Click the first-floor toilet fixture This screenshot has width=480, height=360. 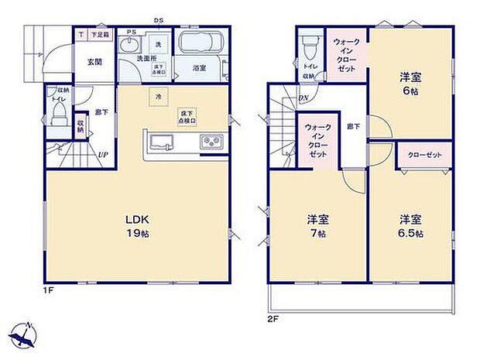pyautogui.click(x=60, y=116)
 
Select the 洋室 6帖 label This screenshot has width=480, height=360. pyautogui.click(x=411, y=83)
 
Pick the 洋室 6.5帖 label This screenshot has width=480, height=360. pyautogui.click(x=410, y=225)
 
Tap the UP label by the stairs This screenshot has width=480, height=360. pyautogui.click(x=102, y=155)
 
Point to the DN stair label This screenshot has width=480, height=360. pyautogui.click(x=305, y=98)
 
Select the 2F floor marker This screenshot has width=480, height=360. pyautogui.click(x=272, y=317)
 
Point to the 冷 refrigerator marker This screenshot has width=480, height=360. pyautogui.click(x=157, y=97)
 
